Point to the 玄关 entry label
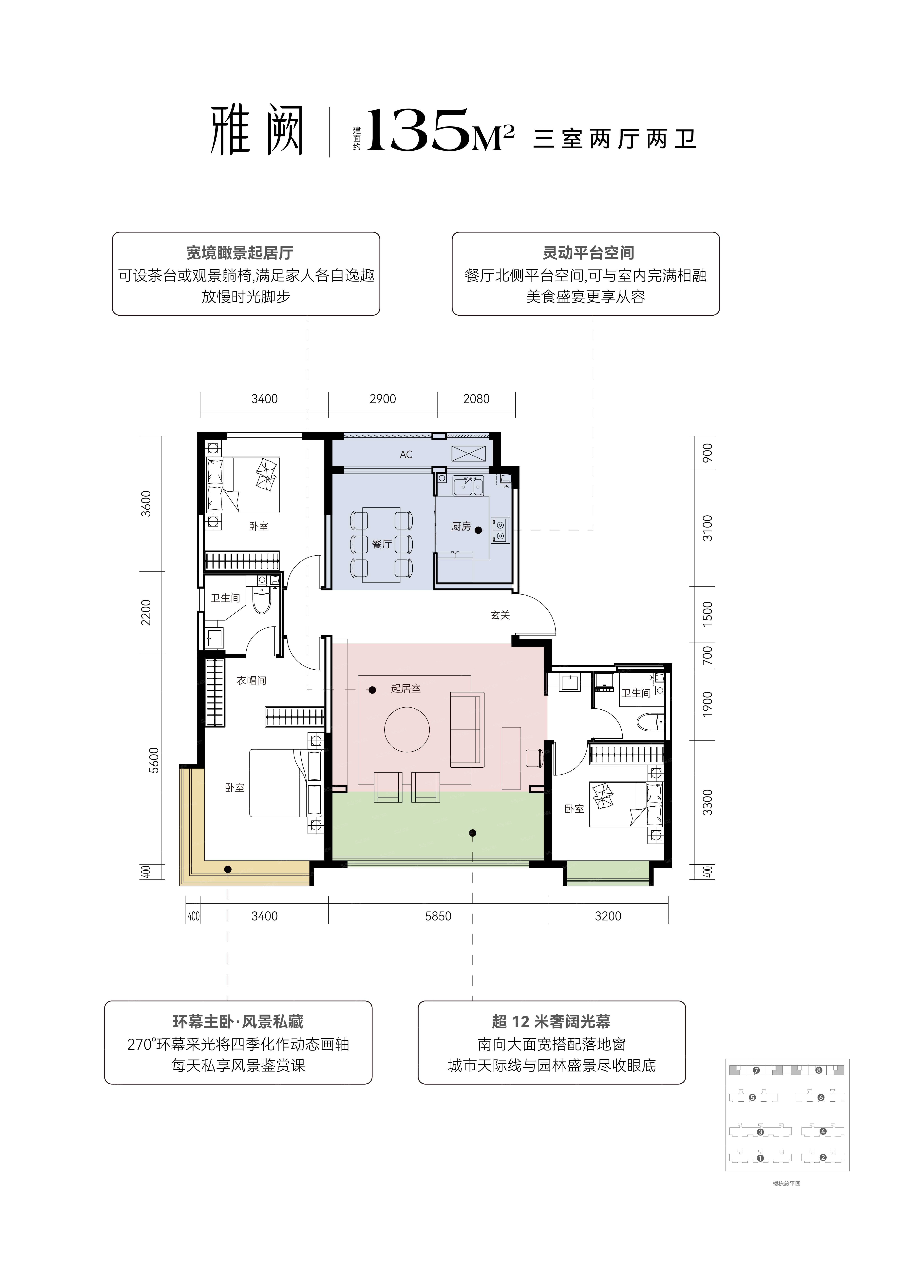pos(500,615)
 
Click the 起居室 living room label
pos(405,688)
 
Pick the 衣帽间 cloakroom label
pos(251,680)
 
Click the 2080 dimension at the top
pos(476,399)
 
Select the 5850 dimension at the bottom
pos(438,916)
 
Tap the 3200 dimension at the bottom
pos(608,916)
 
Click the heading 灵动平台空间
pos(589,253)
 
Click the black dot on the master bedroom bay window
pos(228,869)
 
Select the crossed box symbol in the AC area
pos(469,453)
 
